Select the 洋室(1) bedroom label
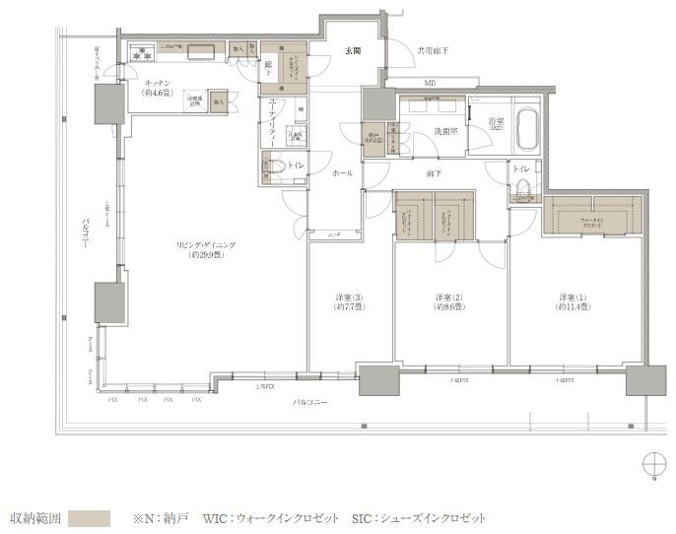pyautogui.click(x=573, y=300)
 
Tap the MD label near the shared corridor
pyautogui.click(x=431, y=83)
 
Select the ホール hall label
pyautogui.click(x=343, y=172)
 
